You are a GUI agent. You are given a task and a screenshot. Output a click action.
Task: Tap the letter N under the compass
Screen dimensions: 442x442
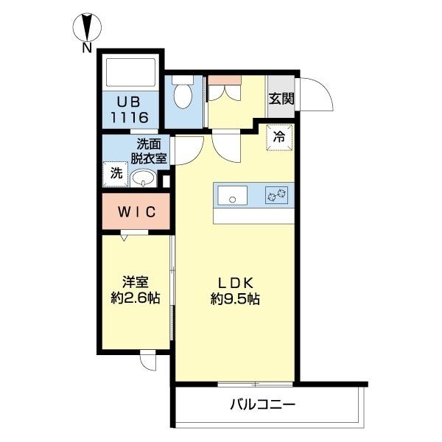87,49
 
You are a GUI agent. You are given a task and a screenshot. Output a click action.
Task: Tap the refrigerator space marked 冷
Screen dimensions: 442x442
280,137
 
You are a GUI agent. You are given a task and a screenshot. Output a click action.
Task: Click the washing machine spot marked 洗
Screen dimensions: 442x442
116,175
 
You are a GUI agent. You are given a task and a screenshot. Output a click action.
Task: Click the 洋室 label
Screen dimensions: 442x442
136,281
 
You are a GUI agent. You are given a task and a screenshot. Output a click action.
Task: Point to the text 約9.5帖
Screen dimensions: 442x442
234,299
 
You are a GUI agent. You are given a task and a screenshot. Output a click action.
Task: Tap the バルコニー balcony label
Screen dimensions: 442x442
263,404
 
